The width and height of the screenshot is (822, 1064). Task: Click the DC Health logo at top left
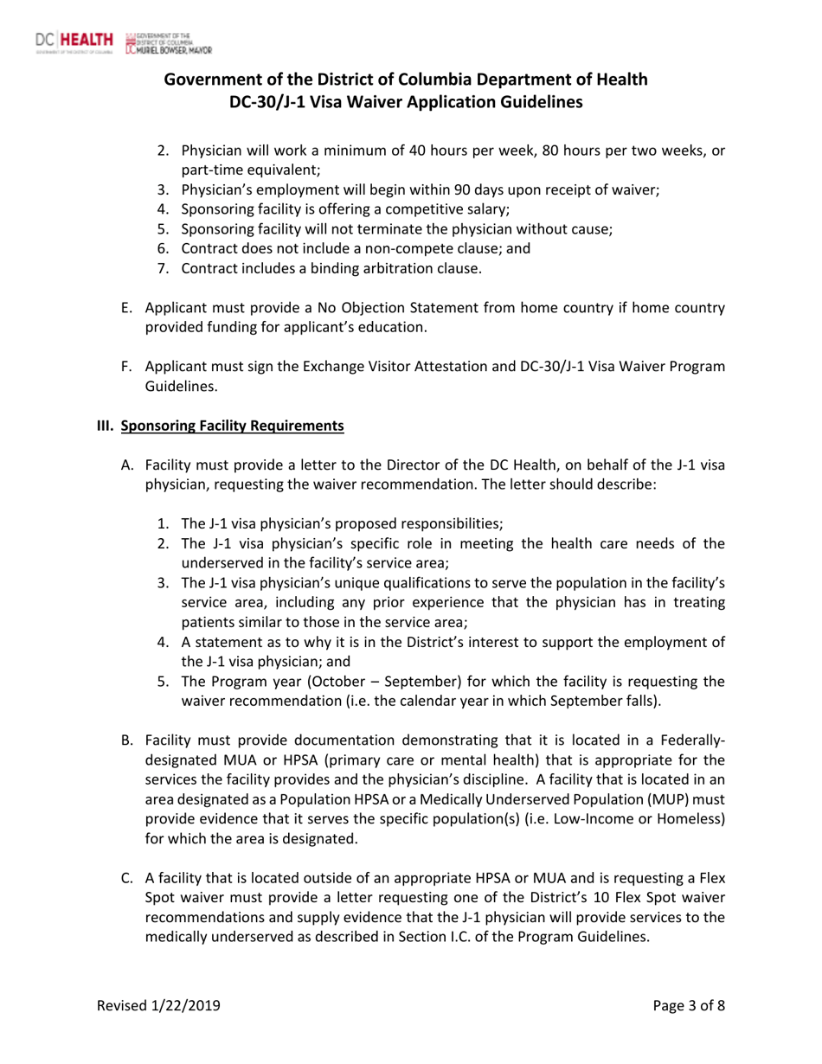[74, 40]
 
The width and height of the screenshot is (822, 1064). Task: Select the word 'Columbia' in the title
[458, 80]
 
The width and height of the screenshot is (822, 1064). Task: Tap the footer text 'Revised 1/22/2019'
[158, 1005]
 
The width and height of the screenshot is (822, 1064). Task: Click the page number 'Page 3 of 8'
[689, 1005]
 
